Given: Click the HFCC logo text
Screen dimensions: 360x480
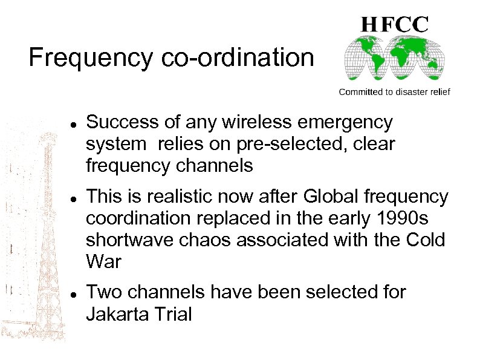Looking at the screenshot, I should [x=395, y=24].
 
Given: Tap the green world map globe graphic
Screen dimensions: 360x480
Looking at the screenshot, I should [x=394, y=58].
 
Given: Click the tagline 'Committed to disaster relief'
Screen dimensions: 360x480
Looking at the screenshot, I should [x=394, y=92].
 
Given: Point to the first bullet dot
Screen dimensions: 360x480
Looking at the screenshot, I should [x=73, y=124].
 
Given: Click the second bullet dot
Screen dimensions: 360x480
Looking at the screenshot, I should [x=73, y=198].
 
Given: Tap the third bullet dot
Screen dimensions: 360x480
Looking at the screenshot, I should [x=73, y=293].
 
